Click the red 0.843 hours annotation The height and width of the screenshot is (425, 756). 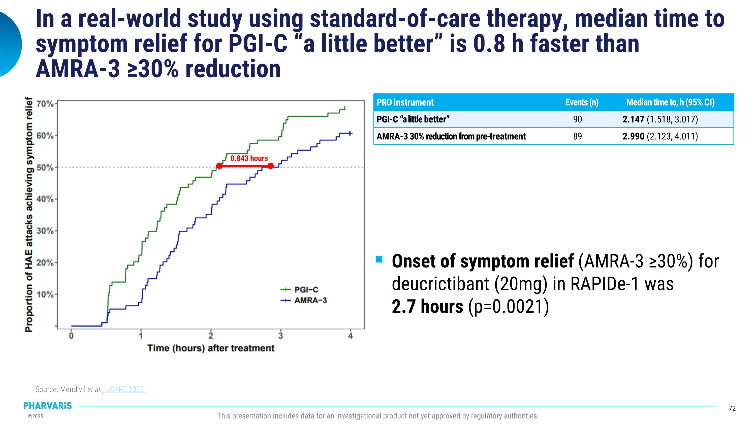249,158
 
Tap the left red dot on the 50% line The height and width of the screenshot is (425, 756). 219,166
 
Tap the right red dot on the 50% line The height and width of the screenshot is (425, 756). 271,166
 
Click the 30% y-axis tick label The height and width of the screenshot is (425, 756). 45,231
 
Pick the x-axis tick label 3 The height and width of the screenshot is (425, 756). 280,336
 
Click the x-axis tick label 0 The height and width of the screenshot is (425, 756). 71,336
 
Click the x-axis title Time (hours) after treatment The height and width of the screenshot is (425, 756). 211,348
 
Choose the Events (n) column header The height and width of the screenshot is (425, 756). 582,102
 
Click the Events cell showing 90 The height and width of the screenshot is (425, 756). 577,119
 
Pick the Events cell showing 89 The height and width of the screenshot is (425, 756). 577,136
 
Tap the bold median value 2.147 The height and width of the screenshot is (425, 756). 633,119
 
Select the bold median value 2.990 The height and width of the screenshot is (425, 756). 633,136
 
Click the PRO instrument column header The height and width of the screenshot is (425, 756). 405,102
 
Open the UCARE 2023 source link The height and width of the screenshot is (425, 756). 125,389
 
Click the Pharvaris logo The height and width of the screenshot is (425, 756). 48,406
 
